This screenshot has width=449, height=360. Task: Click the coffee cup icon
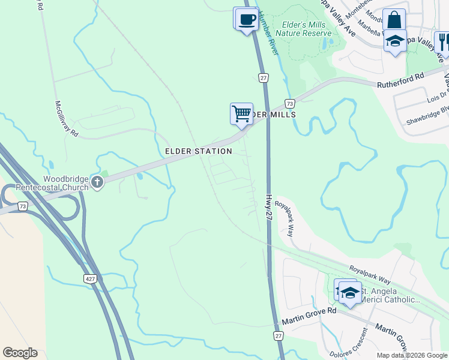coord(246,18)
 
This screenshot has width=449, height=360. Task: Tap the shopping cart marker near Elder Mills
coord(241,113)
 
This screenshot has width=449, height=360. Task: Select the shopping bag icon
coord(394,20)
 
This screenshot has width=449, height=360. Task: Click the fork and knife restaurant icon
coord(444,41)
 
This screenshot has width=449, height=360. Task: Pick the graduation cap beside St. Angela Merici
coord(350,292)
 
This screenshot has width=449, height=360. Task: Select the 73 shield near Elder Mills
coord(290,103)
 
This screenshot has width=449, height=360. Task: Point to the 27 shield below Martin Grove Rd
coord(279,336)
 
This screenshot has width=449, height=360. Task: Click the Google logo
coord(20,353)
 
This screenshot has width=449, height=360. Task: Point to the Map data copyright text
coord(412,355)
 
